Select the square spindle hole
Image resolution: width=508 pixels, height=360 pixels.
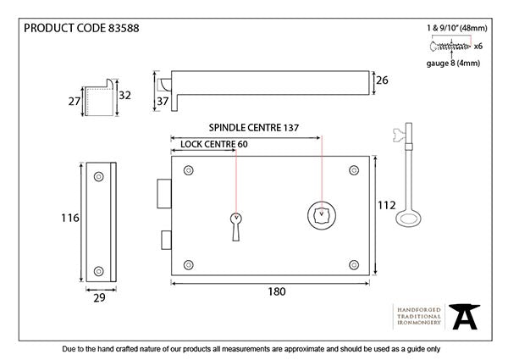click(x=322, y=215)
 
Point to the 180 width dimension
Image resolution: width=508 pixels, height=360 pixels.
click(x=275, y=291)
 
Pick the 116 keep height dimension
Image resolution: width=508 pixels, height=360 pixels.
click(x=70, y=218)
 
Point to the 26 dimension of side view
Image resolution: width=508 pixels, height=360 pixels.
click(x=382, y=81)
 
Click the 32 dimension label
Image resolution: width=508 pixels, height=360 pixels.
click(x=125, y=95)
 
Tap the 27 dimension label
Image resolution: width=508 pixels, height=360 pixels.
click(x=74, y=101)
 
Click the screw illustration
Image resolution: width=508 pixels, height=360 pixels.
click(x=450, y=46)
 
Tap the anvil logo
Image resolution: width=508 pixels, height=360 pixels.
click(x=462, y=317)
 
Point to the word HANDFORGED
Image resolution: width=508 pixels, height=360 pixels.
click(x=417, y=310)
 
